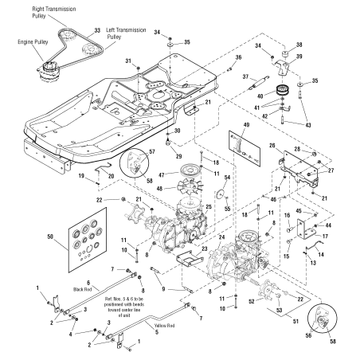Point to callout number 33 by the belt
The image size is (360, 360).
(x=97, y=29)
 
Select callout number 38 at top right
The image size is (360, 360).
(x=299, y=44)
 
